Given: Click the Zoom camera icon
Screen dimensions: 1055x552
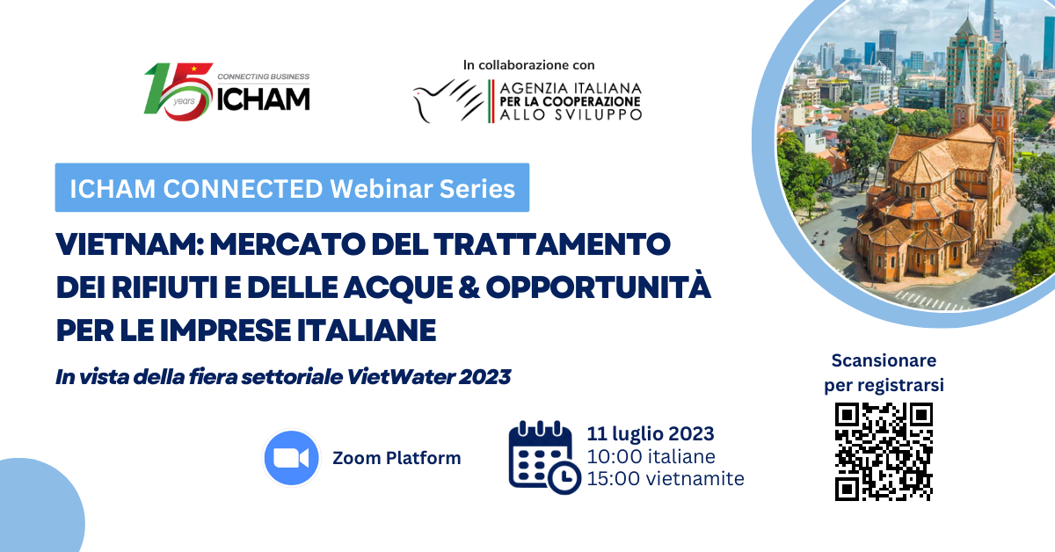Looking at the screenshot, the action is tap(292, 458).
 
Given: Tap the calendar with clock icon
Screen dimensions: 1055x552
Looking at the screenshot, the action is tap(544, 458).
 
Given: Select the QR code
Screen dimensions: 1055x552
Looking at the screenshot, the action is tap(884, 452).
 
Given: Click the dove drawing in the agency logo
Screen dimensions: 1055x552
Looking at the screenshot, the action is tap(447, 101).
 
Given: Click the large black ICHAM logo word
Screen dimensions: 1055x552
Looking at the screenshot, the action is tap(263, 99).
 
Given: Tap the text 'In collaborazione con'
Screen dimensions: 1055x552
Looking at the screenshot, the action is tap(529, 65).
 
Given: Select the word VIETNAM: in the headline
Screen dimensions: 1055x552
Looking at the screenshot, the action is tap(129, 244).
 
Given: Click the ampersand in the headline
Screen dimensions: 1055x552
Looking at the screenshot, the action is tap(468, 287).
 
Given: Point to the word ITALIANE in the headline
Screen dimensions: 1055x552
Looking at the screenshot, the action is tap(367, 330).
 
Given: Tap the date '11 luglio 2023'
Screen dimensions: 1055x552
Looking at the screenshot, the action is tap(651, 434).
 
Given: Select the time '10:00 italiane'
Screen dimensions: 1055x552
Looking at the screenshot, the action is tap(651, 456).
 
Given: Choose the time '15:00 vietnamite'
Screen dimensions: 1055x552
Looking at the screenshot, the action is tap(666, 478).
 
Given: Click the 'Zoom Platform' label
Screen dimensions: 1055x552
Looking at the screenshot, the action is tap(397, 458).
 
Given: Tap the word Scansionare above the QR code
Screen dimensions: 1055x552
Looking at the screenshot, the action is tap(884, 360).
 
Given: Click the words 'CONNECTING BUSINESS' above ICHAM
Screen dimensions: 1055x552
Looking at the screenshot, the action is tap(263, 76).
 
